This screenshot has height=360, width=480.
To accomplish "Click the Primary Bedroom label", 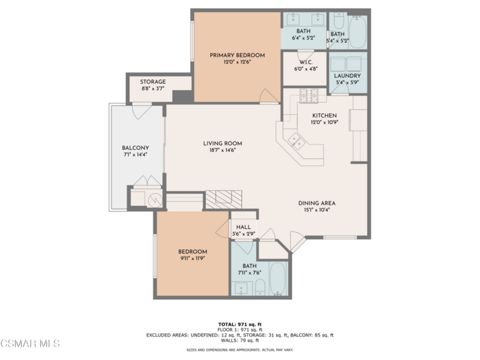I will [x=237, y=55].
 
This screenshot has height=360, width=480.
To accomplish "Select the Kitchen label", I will [x=324, y=115].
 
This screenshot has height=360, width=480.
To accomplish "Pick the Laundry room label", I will [x=347, y=75].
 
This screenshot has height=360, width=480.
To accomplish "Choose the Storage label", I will [x=153, y=82].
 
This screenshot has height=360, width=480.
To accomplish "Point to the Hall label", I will [x=243, y=227].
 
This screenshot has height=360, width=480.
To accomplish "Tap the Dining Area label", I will [x=316, y=203].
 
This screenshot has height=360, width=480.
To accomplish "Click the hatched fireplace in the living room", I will [x=223, y=199].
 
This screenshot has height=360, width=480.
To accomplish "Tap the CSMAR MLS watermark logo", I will [x=30, y=343].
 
